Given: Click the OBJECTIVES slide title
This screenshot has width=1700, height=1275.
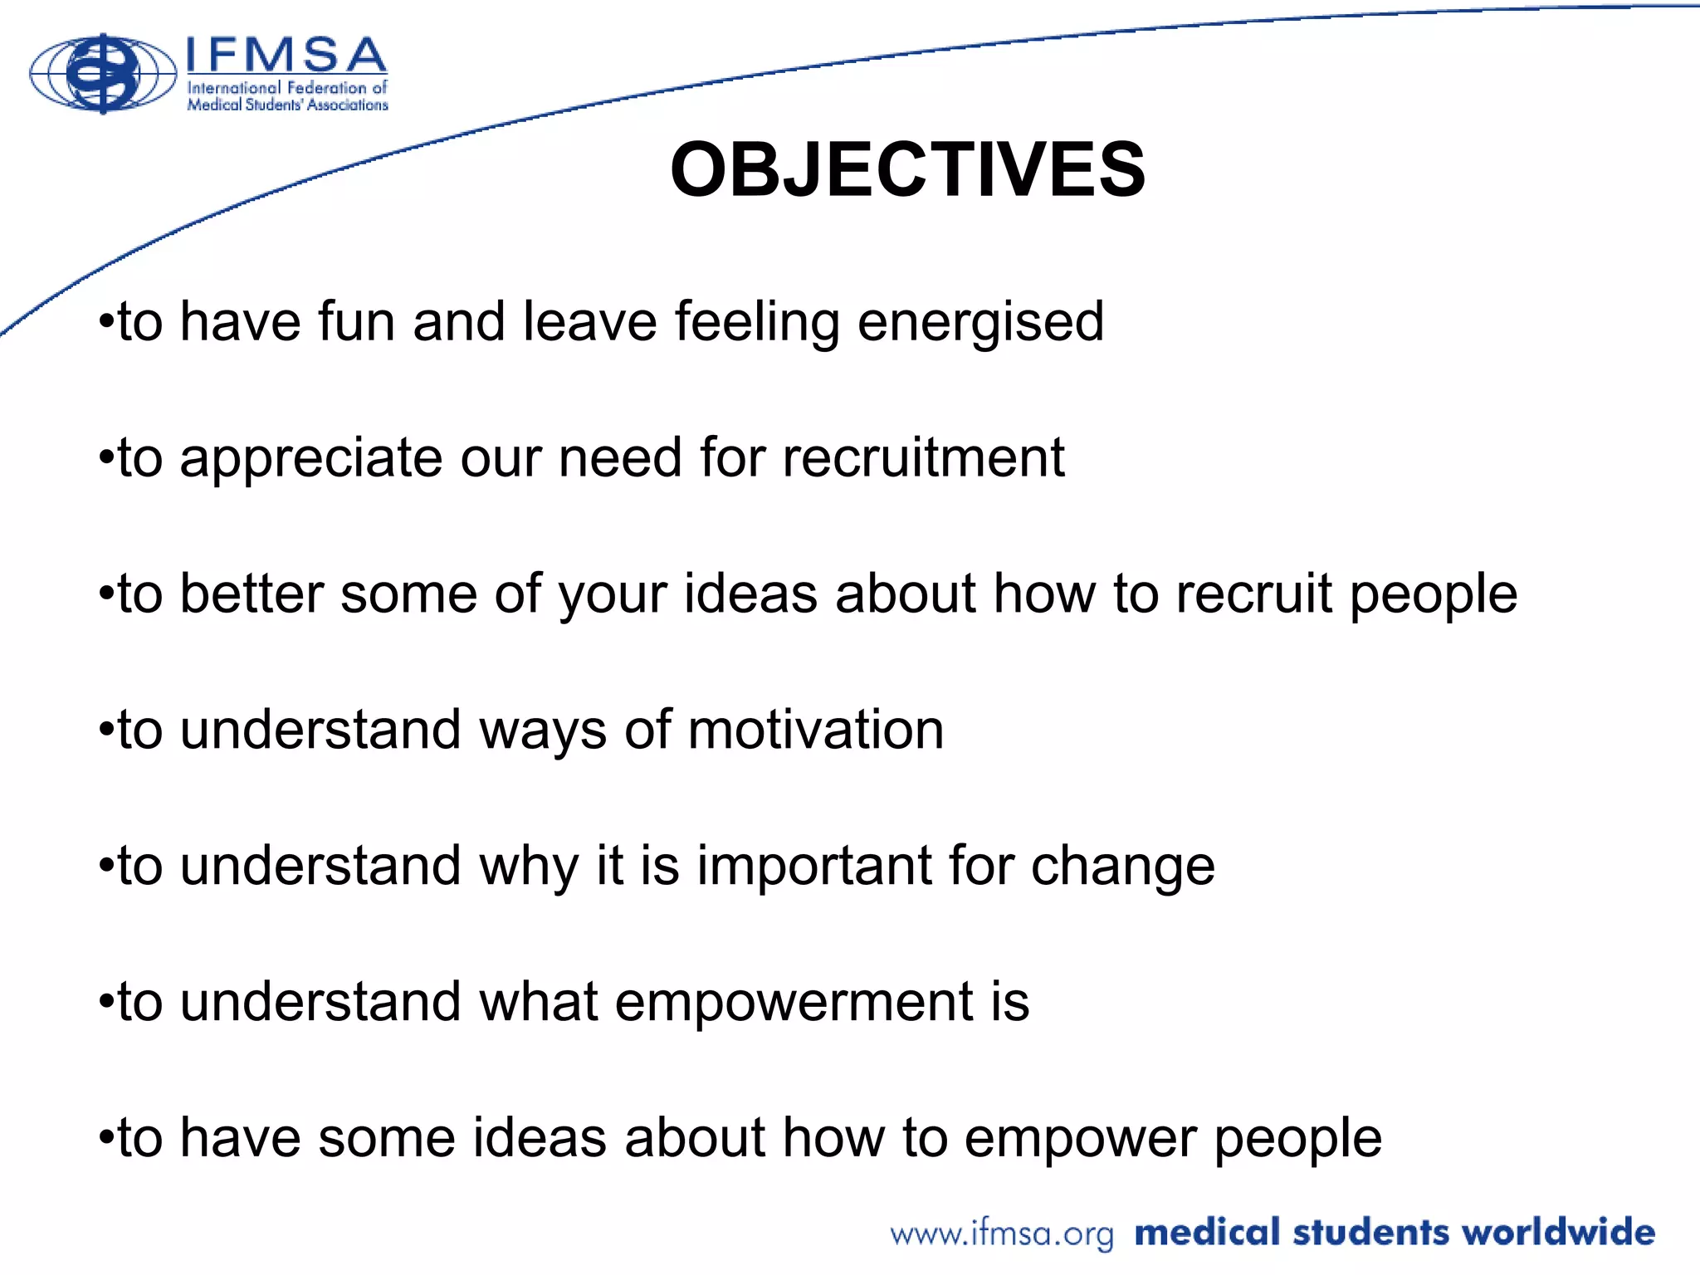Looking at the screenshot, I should pos(907,169).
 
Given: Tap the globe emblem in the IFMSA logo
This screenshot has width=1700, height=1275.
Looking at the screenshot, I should pos(103,74).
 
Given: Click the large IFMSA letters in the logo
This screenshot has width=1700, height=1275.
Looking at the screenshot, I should pos(285,56).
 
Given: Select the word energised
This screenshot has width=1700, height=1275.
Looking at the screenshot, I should pos(980,322).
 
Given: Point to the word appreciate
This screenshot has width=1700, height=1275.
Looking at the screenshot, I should pos(310,459).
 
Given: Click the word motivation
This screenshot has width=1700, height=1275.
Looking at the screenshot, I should pos(815,730).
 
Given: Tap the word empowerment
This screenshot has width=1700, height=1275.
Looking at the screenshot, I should pos(793,1003).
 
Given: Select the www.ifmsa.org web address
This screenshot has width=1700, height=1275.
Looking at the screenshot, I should pos(1001,1233).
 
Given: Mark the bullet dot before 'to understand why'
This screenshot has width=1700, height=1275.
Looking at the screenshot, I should pos(105,866).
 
